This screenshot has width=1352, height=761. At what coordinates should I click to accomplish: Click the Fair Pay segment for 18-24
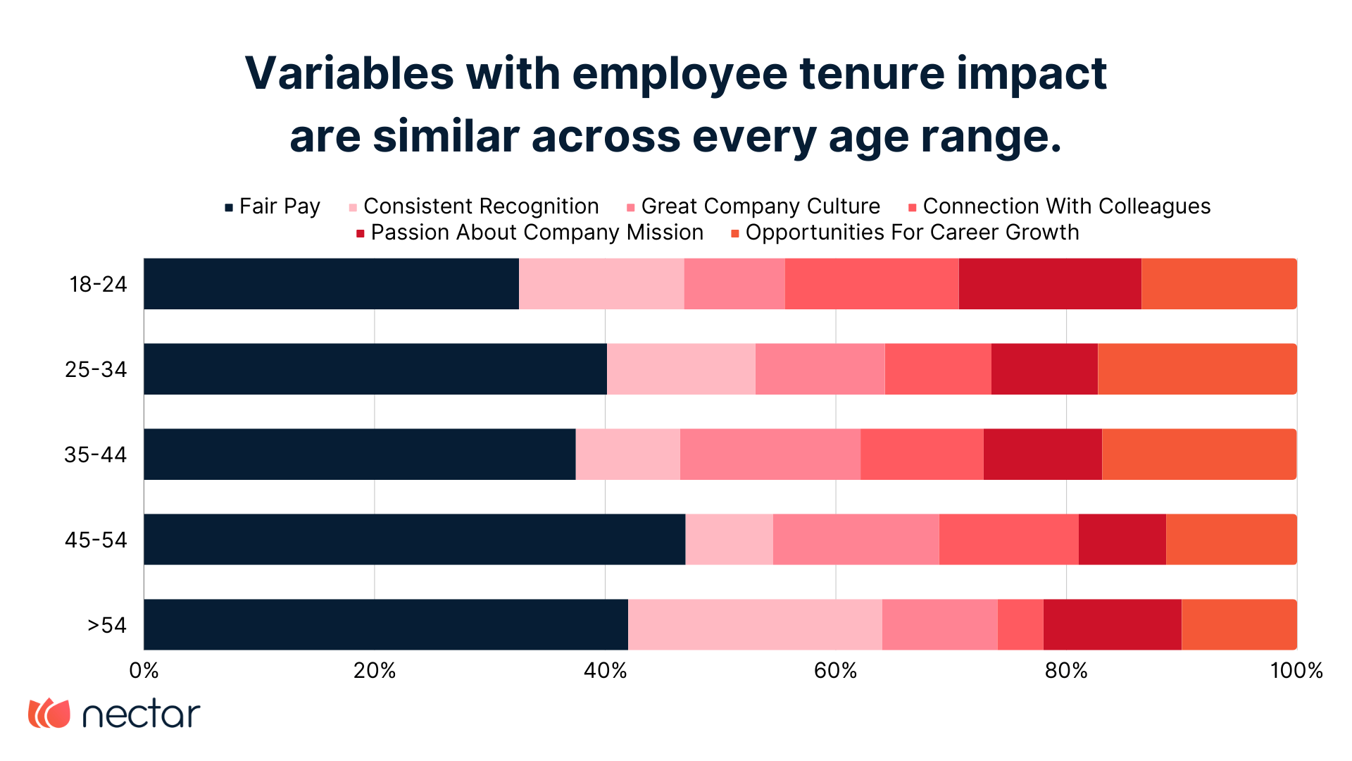331,284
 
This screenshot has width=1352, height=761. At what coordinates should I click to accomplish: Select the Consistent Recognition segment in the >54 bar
754,625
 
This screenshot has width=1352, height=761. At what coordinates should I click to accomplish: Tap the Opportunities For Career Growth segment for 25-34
1196,369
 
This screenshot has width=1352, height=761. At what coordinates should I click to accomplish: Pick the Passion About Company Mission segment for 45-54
1122,540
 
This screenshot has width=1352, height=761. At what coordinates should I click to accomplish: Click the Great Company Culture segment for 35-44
770,454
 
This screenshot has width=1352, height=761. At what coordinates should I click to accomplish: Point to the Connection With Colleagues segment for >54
1020,625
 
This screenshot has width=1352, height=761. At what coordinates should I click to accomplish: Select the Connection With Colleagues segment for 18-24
871,284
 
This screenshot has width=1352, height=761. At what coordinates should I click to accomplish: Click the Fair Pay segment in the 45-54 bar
414,540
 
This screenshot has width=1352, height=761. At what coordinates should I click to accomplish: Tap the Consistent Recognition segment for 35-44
627,454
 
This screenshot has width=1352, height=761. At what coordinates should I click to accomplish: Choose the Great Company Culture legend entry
753,206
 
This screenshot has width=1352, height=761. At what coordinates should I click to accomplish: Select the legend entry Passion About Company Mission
530,233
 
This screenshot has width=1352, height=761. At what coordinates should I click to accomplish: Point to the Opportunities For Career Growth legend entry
905,233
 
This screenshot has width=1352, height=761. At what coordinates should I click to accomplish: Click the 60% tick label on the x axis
835,671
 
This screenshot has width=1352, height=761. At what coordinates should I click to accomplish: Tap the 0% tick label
144,671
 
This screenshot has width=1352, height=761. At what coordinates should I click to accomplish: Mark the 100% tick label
1296,671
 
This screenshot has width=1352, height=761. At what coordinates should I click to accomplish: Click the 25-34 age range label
96,369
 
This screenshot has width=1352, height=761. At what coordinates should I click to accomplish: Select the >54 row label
106,625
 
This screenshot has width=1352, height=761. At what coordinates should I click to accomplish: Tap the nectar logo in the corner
114,714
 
